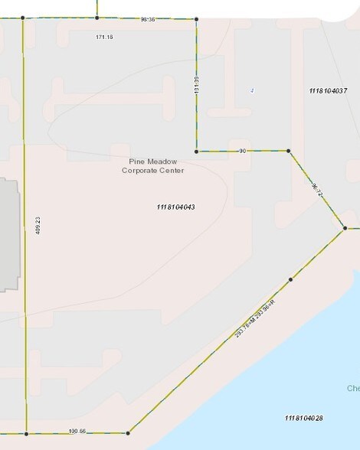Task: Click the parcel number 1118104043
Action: point(175,207)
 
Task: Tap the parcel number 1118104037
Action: point(329,91)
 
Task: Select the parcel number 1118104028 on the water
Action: point(303,418)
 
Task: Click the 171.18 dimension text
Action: point(105,37)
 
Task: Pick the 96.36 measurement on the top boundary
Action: point(148,19)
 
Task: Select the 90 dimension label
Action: point(242,152)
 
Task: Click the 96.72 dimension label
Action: point(316,189)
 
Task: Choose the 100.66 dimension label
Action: point(77,431)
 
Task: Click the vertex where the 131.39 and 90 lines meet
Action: point(197,152)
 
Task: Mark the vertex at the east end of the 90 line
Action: point(288,152)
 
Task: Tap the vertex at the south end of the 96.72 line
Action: point(345,228)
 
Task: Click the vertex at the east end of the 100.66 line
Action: point(128,434)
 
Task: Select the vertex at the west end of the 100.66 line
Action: point(26,434)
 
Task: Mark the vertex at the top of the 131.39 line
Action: point(196,19)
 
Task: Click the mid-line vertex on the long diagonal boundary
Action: point(290,280)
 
